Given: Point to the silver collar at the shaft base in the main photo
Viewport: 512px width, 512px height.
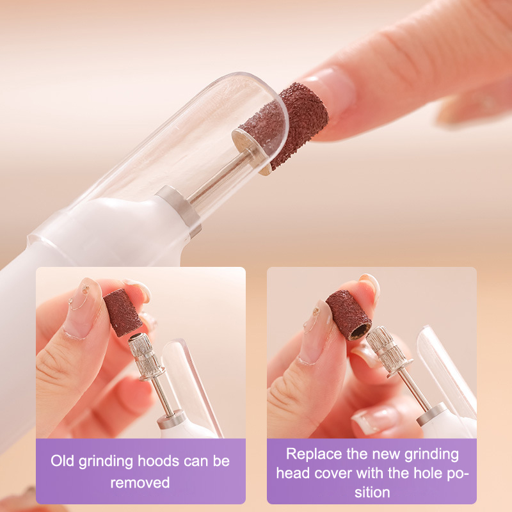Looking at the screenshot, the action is point(179,209).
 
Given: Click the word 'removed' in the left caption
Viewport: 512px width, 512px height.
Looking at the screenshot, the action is point(140,483).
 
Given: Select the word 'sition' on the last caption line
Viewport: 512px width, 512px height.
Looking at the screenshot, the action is point(372,492).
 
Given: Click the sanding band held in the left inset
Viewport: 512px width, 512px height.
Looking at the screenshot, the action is point(123,312).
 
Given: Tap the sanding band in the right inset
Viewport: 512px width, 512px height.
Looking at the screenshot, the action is point(348,315).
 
